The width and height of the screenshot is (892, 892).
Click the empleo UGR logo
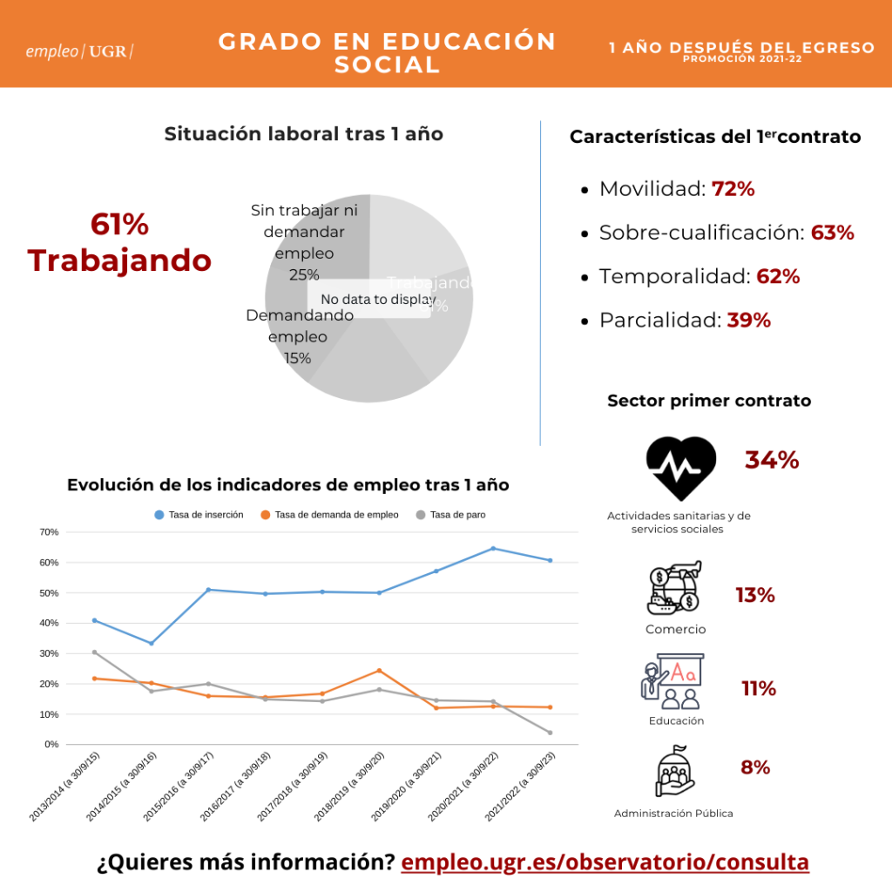coord(80,51)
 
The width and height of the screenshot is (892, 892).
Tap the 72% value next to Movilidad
coord(733,189)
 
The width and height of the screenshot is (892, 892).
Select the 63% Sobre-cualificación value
coord(832,233)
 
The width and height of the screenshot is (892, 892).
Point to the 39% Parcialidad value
coord(748,320)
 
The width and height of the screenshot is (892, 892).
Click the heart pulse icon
coord(681,468)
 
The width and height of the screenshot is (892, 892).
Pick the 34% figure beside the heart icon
coord(772,460)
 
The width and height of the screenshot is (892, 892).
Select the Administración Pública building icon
coord(672,772)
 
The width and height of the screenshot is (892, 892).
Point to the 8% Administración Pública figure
coord(755,767)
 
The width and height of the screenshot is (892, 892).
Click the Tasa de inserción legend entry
coord(199,515)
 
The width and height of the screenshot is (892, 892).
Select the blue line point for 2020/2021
coord(493,548)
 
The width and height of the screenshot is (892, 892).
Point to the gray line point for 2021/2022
coord(550,733)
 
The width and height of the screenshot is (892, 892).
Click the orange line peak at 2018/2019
coord(379,671)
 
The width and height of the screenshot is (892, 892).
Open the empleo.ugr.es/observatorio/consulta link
coord(605,862)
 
